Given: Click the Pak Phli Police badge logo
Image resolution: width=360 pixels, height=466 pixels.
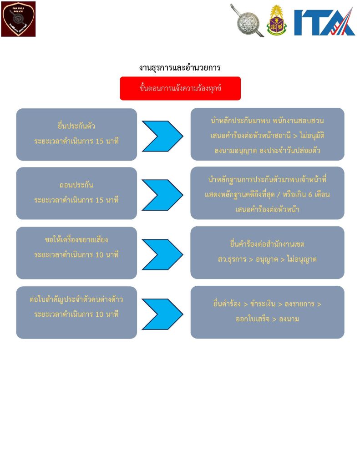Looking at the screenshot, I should [x=18, y=19].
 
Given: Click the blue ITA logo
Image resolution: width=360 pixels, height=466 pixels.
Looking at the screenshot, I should [x=324, y=21].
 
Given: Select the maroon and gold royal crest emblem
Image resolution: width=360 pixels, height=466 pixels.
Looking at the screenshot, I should [x=277, y=21].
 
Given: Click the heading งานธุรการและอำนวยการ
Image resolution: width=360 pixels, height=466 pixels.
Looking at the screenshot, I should [x=180, y=68].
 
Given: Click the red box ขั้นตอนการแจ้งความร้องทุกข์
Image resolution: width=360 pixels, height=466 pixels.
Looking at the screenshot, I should [x=180, y=88].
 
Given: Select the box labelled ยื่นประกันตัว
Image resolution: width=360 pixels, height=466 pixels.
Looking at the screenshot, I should [x=76, y=134].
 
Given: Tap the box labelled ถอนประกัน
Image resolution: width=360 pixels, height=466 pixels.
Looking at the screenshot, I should [x=76, y=193].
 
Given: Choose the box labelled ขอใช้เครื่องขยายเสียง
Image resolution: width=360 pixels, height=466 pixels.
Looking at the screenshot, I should [x=76, y=253].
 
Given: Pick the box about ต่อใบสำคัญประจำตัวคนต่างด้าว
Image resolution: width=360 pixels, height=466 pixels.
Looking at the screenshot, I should [x=76, y=312].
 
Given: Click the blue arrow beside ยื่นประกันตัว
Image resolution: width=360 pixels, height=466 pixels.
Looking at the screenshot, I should [x=162, y=136].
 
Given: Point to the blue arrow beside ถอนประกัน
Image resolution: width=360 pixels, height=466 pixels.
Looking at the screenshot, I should [x=162, y=195].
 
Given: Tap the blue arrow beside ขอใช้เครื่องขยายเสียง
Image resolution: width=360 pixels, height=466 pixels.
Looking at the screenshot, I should [x=162, y=254].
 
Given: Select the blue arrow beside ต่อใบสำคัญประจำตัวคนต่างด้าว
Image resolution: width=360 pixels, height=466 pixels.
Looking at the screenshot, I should [x=162, y=314].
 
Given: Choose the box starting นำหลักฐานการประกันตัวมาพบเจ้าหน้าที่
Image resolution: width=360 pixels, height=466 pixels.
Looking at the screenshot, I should [x=267, y=193].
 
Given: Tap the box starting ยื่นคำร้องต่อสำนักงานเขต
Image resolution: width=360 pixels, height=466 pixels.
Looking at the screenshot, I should [x=267, y=253].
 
